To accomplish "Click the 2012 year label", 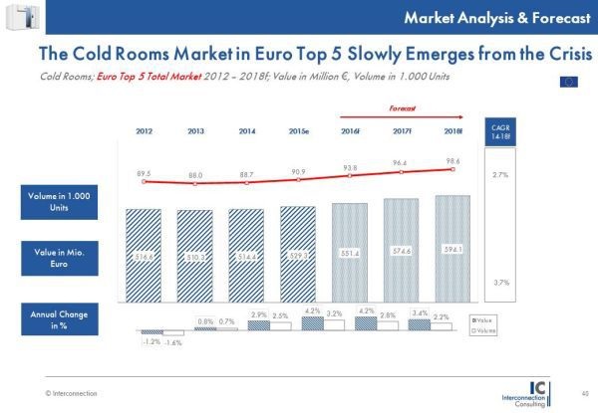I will [x=144, y=131].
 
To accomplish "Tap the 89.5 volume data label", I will [x=144, y=174].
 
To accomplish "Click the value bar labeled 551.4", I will [x=351, y=254].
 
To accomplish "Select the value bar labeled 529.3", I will [x=299, y=256].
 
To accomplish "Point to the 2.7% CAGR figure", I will [x=531, y=174].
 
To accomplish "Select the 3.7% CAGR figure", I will [x=531, y=283].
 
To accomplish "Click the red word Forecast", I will [x=402, y=105].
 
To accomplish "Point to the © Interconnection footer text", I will [x=71, y=394].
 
